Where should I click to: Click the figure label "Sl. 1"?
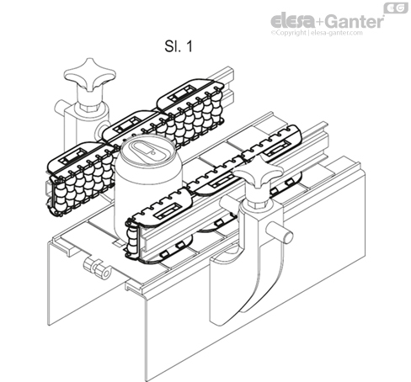click(179, 48)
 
